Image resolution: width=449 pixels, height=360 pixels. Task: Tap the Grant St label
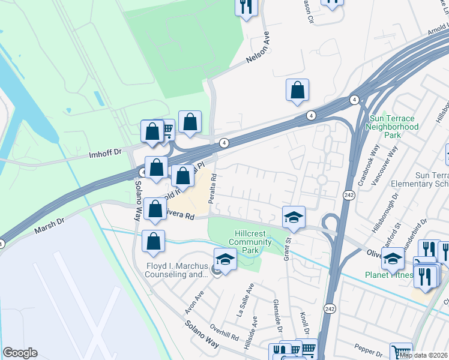pos(288,247)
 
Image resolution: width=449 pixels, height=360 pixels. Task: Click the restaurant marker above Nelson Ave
pos(246,7)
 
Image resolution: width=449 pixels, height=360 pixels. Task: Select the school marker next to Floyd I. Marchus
pos(225,259)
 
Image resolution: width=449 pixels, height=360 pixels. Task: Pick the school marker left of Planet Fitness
pos(393,259)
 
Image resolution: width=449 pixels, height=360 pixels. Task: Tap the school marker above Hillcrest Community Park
pos(294,217)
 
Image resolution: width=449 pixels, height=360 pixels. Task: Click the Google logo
pos(20,353)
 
